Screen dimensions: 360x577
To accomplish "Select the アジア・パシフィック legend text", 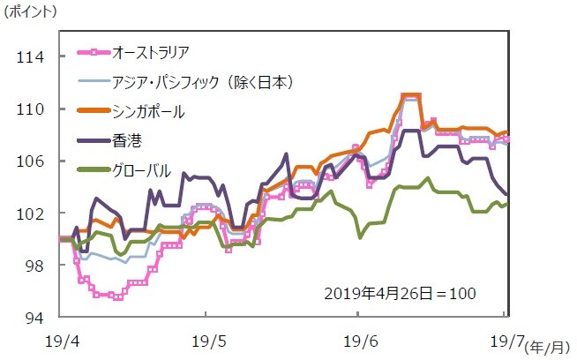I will click(x=203, y=82).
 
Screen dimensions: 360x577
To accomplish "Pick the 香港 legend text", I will click(x=127, y=140).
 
